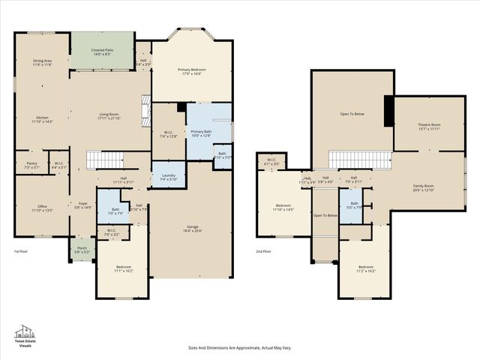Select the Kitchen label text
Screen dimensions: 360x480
(42, 118)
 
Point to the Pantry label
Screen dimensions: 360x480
(31, 164)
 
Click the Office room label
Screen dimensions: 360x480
(42, 208)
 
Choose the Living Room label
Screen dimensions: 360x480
(109, 115)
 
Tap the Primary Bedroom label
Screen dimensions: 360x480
(192, 71)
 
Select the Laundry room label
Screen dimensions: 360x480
(168, 177)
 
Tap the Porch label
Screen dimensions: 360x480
(82, 250)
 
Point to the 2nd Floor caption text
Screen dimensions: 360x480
(263, 251)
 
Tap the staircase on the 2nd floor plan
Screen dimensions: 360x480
(360, 160)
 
